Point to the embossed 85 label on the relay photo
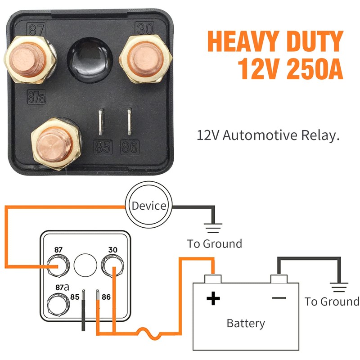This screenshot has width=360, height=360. pos(103,148)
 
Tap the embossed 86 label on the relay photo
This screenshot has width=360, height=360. pos(130,148)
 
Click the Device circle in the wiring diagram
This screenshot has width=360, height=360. pos(148,206)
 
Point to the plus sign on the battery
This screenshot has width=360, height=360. pos(213,298)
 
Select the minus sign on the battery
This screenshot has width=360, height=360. pos(279,297)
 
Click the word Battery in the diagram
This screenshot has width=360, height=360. pos(246,323)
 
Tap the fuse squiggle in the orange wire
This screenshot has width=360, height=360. pos(145,333)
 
